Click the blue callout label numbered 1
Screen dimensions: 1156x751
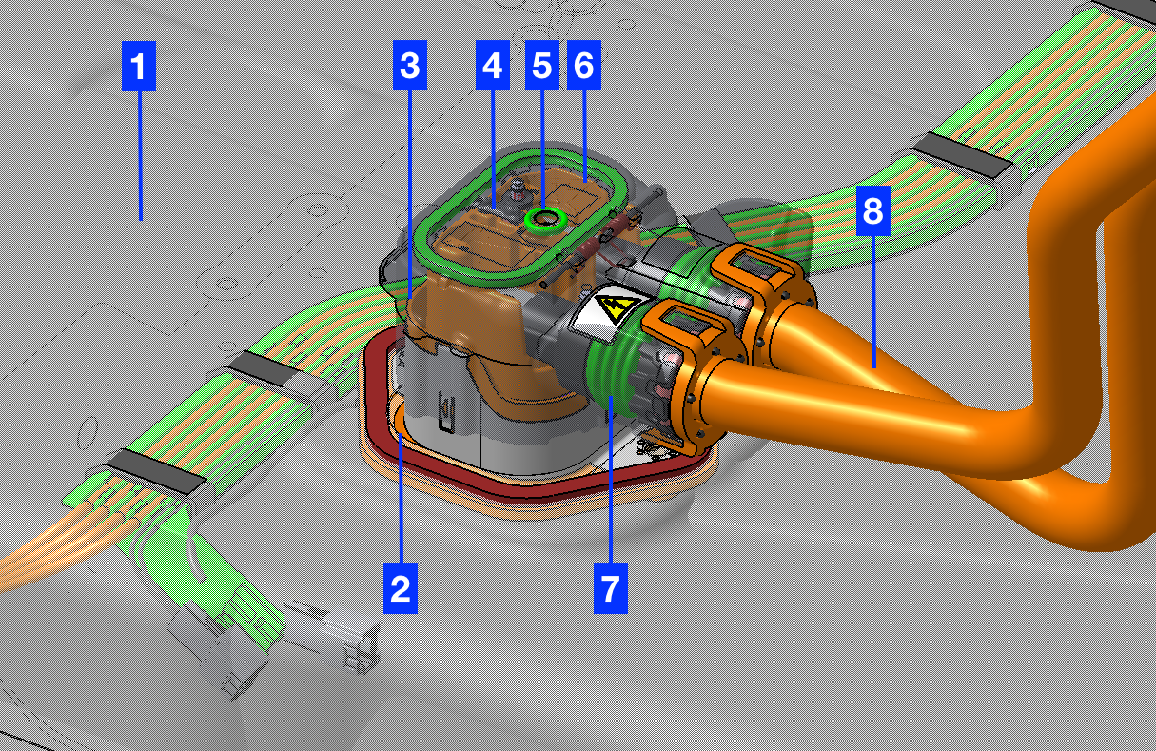coord(139,66)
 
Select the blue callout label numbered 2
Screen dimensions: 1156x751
coord(401,588)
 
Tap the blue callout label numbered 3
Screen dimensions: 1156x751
coord(410,65)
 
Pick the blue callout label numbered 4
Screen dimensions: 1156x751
coord(493,65)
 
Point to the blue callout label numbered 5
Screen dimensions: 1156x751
coord(542,65)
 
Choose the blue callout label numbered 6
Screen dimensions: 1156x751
coord(584,65)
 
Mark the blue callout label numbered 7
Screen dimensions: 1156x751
coord(611,588)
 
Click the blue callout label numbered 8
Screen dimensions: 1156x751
coord(873,210)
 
